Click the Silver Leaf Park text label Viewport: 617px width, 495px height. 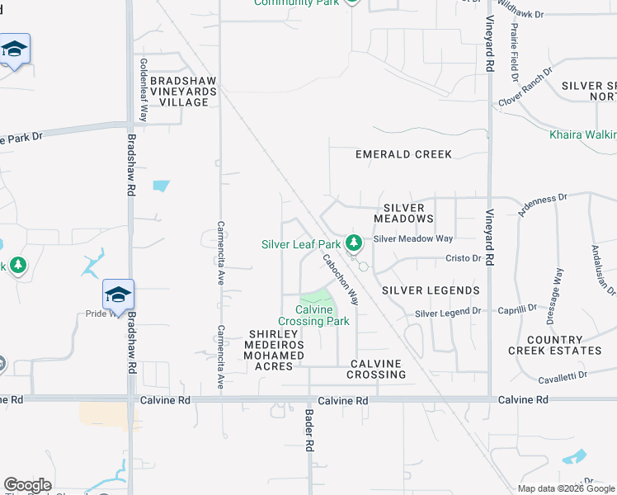[301, 244]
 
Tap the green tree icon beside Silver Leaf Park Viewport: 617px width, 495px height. [354, 243]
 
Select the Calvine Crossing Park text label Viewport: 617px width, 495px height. [313, 316]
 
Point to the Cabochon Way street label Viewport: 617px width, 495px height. [340, 279]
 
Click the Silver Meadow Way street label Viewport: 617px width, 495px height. [413, 238]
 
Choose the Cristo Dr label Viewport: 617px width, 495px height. [463, 258]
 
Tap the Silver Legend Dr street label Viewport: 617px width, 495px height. [447, 313]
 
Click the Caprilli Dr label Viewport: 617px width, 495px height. [517, 310]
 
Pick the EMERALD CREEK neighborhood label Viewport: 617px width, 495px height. [403, 154]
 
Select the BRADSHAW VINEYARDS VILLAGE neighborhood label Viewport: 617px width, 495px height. [183, 91]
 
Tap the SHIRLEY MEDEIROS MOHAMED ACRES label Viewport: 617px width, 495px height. [276, 350]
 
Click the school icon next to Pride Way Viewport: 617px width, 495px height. [118, 295]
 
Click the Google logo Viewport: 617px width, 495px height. [27, 485]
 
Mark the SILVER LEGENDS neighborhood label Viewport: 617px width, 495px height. [431, 290]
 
